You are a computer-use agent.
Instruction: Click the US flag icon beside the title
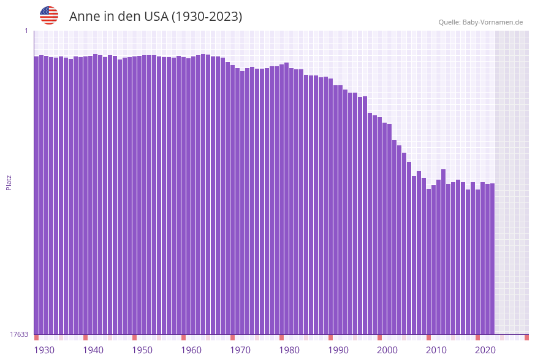(x=49, y=15)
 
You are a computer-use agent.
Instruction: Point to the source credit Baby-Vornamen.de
(x=480, y=22)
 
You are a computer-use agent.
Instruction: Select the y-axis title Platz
(x=9, y=182)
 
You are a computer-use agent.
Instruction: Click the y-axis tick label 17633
(x=19, y=334)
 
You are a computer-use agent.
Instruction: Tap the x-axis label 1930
(x=44, y=350)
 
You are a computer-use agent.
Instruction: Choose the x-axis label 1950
(x=142, y=350)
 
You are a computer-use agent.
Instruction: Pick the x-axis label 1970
(x=240, y=350)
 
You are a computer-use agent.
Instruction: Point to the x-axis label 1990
(x=338, y=350)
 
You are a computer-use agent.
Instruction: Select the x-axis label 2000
(x=387, y=350)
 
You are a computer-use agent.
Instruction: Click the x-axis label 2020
(x=485, y=350)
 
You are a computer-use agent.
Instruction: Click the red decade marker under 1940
(x=85, y=337)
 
